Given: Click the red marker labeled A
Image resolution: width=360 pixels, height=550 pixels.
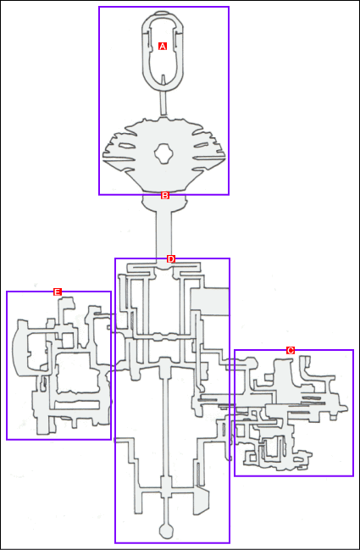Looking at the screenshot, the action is (x=163, y=46).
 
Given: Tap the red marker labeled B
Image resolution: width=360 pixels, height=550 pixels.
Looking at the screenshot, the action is (x=165, y=196).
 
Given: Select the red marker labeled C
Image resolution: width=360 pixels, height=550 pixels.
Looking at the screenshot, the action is (x=291, y=350).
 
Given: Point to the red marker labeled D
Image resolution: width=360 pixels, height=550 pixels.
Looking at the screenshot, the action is (x=171, y=259).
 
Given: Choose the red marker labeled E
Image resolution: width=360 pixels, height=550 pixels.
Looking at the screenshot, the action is (x=58, y=292).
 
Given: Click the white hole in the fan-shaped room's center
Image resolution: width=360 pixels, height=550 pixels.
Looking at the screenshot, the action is (x=163, y=153).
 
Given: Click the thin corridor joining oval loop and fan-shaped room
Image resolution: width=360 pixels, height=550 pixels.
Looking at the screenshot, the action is (x=163, y=103).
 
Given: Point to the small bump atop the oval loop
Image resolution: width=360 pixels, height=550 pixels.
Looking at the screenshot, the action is (x=162, y=14).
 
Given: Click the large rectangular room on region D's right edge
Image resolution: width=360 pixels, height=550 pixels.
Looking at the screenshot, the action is (x=209, y=302).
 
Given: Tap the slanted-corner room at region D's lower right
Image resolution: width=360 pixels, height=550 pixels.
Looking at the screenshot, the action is (x=202, y=500).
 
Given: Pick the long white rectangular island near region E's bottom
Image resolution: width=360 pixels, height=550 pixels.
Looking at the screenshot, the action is (x=76, y=405).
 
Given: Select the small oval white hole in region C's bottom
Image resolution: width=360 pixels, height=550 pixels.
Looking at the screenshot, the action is (x=298, y=458).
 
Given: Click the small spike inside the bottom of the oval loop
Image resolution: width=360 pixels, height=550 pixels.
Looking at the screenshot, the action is (x=163, y=79).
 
